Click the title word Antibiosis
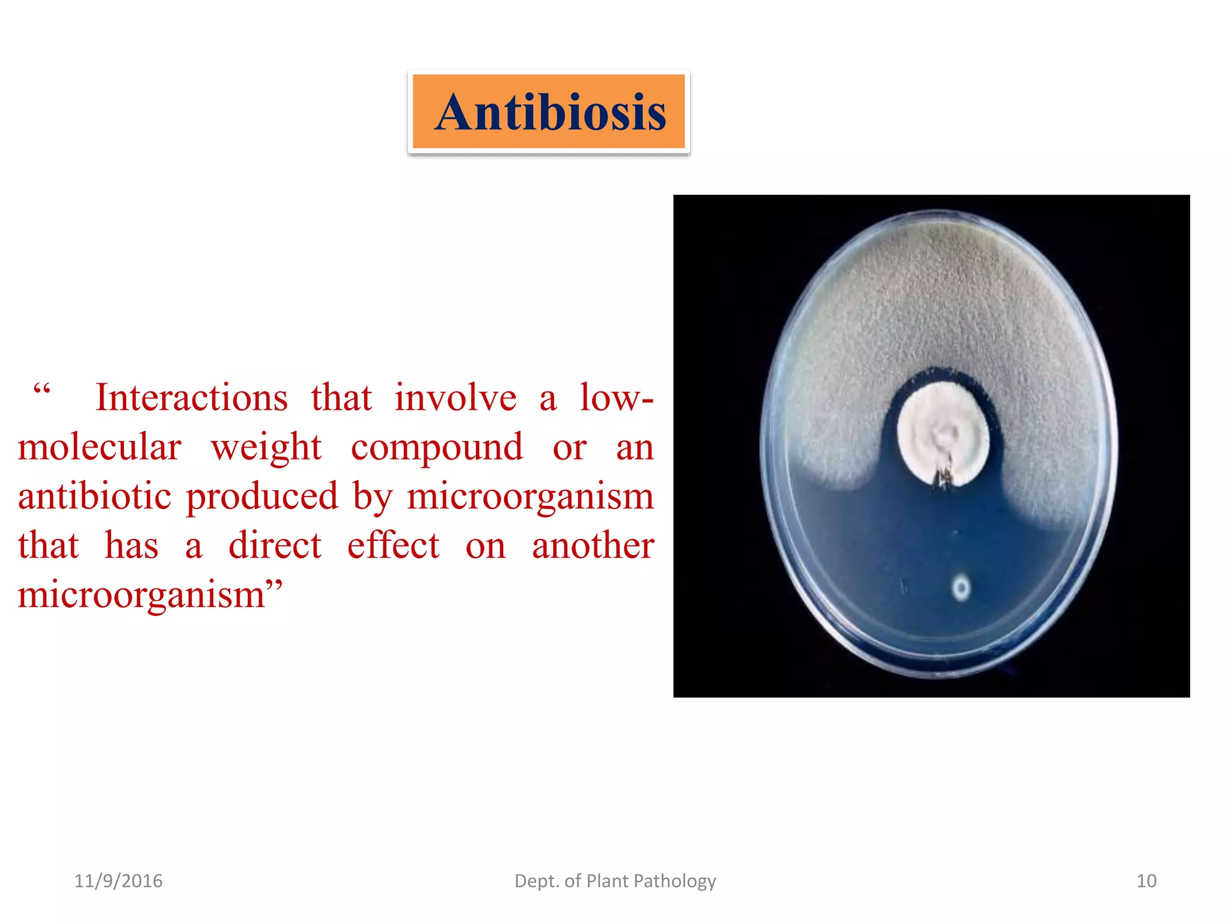pos(550,112)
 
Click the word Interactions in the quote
pos(192,398)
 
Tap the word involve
pos(455,398)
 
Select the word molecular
pos(99,448)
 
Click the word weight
pos(266,448)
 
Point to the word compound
pos(437,448)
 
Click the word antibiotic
pos(94,497)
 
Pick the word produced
pos(262,497)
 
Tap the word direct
pos(275,546)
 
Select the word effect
pos(393,546)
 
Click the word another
pos(593,546)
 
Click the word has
pos(132,546)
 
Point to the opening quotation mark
pos(41,391)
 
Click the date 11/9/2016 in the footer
pos(118,881)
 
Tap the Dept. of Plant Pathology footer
pos(615,881)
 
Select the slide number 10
pos(1146,881)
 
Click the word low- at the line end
pos(616,398)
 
